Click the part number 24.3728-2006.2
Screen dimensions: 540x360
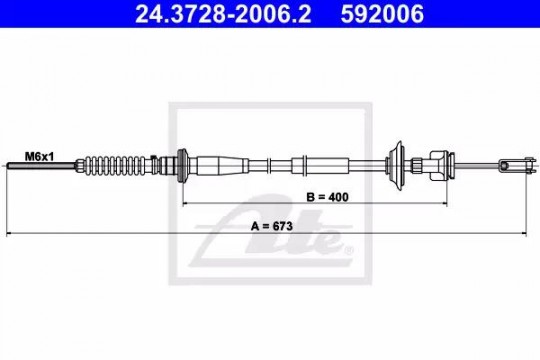[x=223, y=14]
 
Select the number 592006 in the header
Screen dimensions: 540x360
[x=382, y=14]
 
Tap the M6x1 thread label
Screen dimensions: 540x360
[x=39, y=157]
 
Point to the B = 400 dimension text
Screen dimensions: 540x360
[x=328, y=197]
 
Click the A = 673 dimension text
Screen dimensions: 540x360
[x=272, y=226]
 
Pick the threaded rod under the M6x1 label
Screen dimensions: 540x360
[x=41, y=166]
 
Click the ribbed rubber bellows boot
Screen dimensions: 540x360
[x=117, y=166]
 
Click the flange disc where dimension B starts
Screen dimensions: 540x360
[x=182, y=166]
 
